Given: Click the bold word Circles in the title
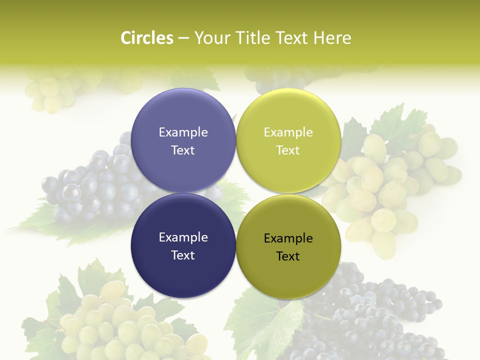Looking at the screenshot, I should point(146,38).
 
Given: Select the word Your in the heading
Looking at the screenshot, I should point(211,38).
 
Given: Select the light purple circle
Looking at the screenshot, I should point(183,120).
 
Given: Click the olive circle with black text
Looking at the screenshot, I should point(288,270).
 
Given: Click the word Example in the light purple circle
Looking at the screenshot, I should point(183,132).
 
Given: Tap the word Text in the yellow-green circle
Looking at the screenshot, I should point(288,150).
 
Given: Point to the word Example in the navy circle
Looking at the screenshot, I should point(183,237).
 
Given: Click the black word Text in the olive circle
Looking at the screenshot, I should point(288,256).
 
